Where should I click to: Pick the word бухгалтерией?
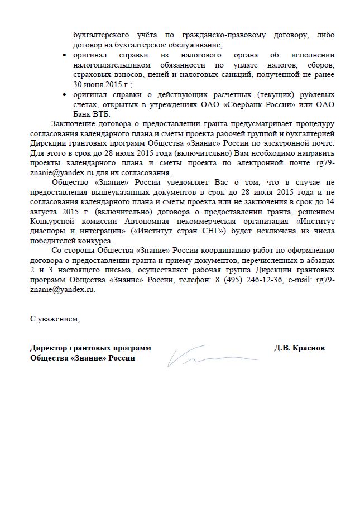[308, 134]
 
